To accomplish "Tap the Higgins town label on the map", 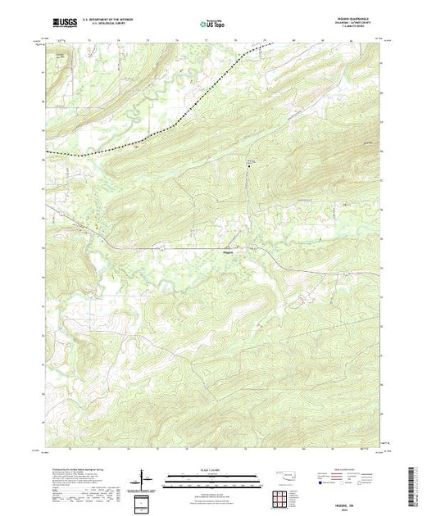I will tap(229, 252).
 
